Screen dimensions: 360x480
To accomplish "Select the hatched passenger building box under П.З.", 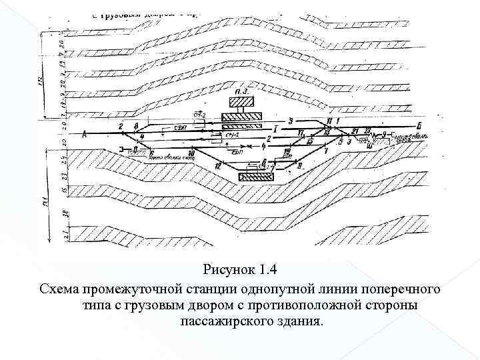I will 242,103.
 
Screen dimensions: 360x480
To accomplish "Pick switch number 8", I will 135,125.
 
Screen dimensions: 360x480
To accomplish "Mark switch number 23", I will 367,130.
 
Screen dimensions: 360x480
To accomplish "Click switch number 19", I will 287,153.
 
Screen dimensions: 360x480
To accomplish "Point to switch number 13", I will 327,132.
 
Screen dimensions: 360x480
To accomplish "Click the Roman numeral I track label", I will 275,127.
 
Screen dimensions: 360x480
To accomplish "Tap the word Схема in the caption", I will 57,289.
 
